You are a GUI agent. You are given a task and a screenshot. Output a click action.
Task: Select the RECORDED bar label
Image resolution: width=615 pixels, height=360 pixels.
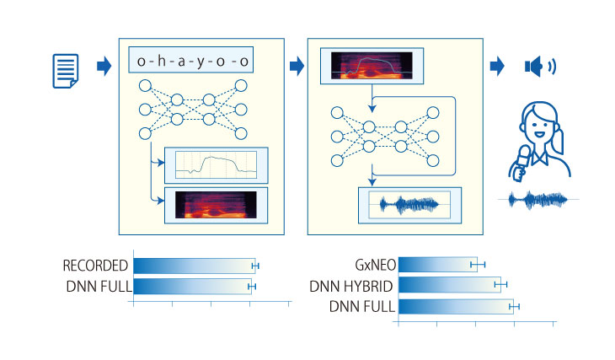pos(95,266)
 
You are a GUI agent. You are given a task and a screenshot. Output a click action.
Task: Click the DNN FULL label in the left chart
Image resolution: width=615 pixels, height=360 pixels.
pos(98,286)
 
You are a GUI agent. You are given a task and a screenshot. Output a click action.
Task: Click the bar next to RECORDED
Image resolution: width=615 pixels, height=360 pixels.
pos(193,266)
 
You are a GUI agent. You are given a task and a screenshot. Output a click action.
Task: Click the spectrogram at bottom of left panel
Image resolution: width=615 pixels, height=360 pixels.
pos(218,205)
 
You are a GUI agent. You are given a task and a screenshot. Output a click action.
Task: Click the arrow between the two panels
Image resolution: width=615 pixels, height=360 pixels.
pos(295,66)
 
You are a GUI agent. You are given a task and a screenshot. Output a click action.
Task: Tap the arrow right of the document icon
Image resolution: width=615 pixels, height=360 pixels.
pos(104,66)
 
